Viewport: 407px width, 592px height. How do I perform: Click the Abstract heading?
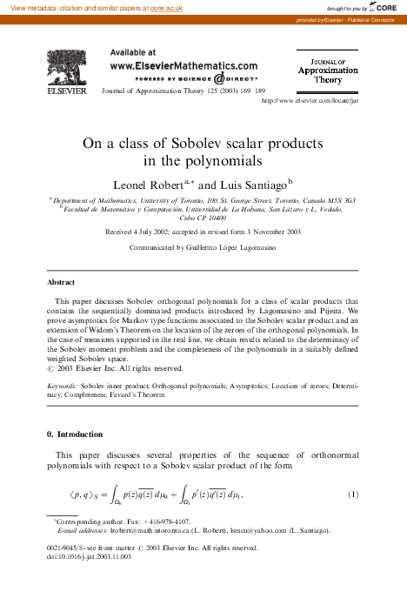[60, 282]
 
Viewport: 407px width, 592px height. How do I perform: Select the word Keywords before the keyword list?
[61, 384]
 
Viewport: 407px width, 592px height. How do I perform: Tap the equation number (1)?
[353, 494]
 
